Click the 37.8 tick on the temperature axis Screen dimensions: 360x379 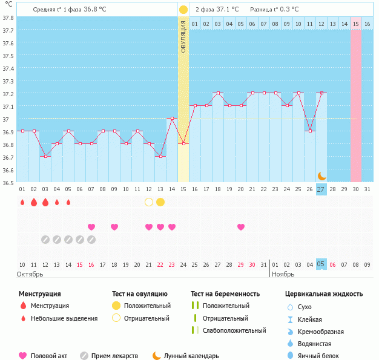tap(8, 18)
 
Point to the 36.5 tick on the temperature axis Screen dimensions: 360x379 tap(8, 182)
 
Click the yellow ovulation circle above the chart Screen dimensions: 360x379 tap(183, 10)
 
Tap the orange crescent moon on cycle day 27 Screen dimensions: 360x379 tap(322, 175)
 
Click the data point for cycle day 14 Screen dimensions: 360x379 tap(172, 119)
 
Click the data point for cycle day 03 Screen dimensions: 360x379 tap(45, 156)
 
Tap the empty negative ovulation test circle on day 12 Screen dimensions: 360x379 tap(149, 202)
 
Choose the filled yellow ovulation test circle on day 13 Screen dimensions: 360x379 tap(160, 202)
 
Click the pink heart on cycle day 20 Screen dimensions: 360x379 tap(241, 227)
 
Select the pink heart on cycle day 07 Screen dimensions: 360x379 tap(91, 227)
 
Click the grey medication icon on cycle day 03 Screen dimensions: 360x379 tap(45, 240)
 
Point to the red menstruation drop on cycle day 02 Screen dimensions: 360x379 tap(34, 202)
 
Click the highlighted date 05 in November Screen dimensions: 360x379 tap(321, 264)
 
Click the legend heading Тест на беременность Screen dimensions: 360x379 tap(225, 294)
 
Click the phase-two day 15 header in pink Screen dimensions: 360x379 tap(356, 24)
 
